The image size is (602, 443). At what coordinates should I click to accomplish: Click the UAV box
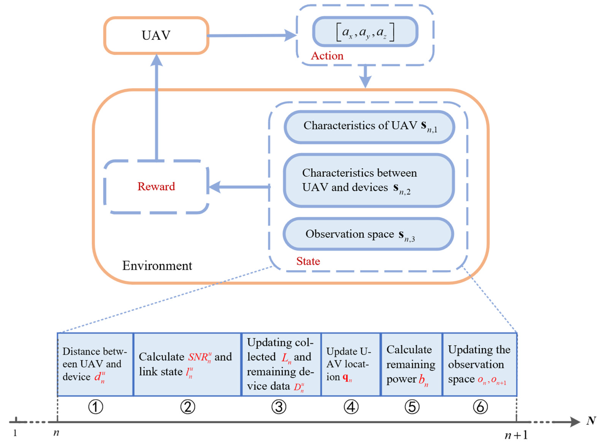[x=156, y=35]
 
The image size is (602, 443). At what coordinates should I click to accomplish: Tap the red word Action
[x=327, y=56]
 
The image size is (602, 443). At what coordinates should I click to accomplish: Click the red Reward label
[x=156, y=186]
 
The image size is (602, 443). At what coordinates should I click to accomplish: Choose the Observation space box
[x=368, y=234]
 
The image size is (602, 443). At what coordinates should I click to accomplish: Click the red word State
[x=308, y=261]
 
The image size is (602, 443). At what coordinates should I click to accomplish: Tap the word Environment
[x=157, y=266]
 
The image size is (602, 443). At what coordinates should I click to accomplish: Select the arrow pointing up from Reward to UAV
[x=156, y=107]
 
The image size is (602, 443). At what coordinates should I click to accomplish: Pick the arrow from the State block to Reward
[x=239, y=187]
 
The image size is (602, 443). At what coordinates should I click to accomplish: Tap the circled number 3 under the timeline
[x=279, y=407]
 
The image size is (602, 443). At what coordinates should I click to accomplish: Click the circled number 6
[x=480, y=407]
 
